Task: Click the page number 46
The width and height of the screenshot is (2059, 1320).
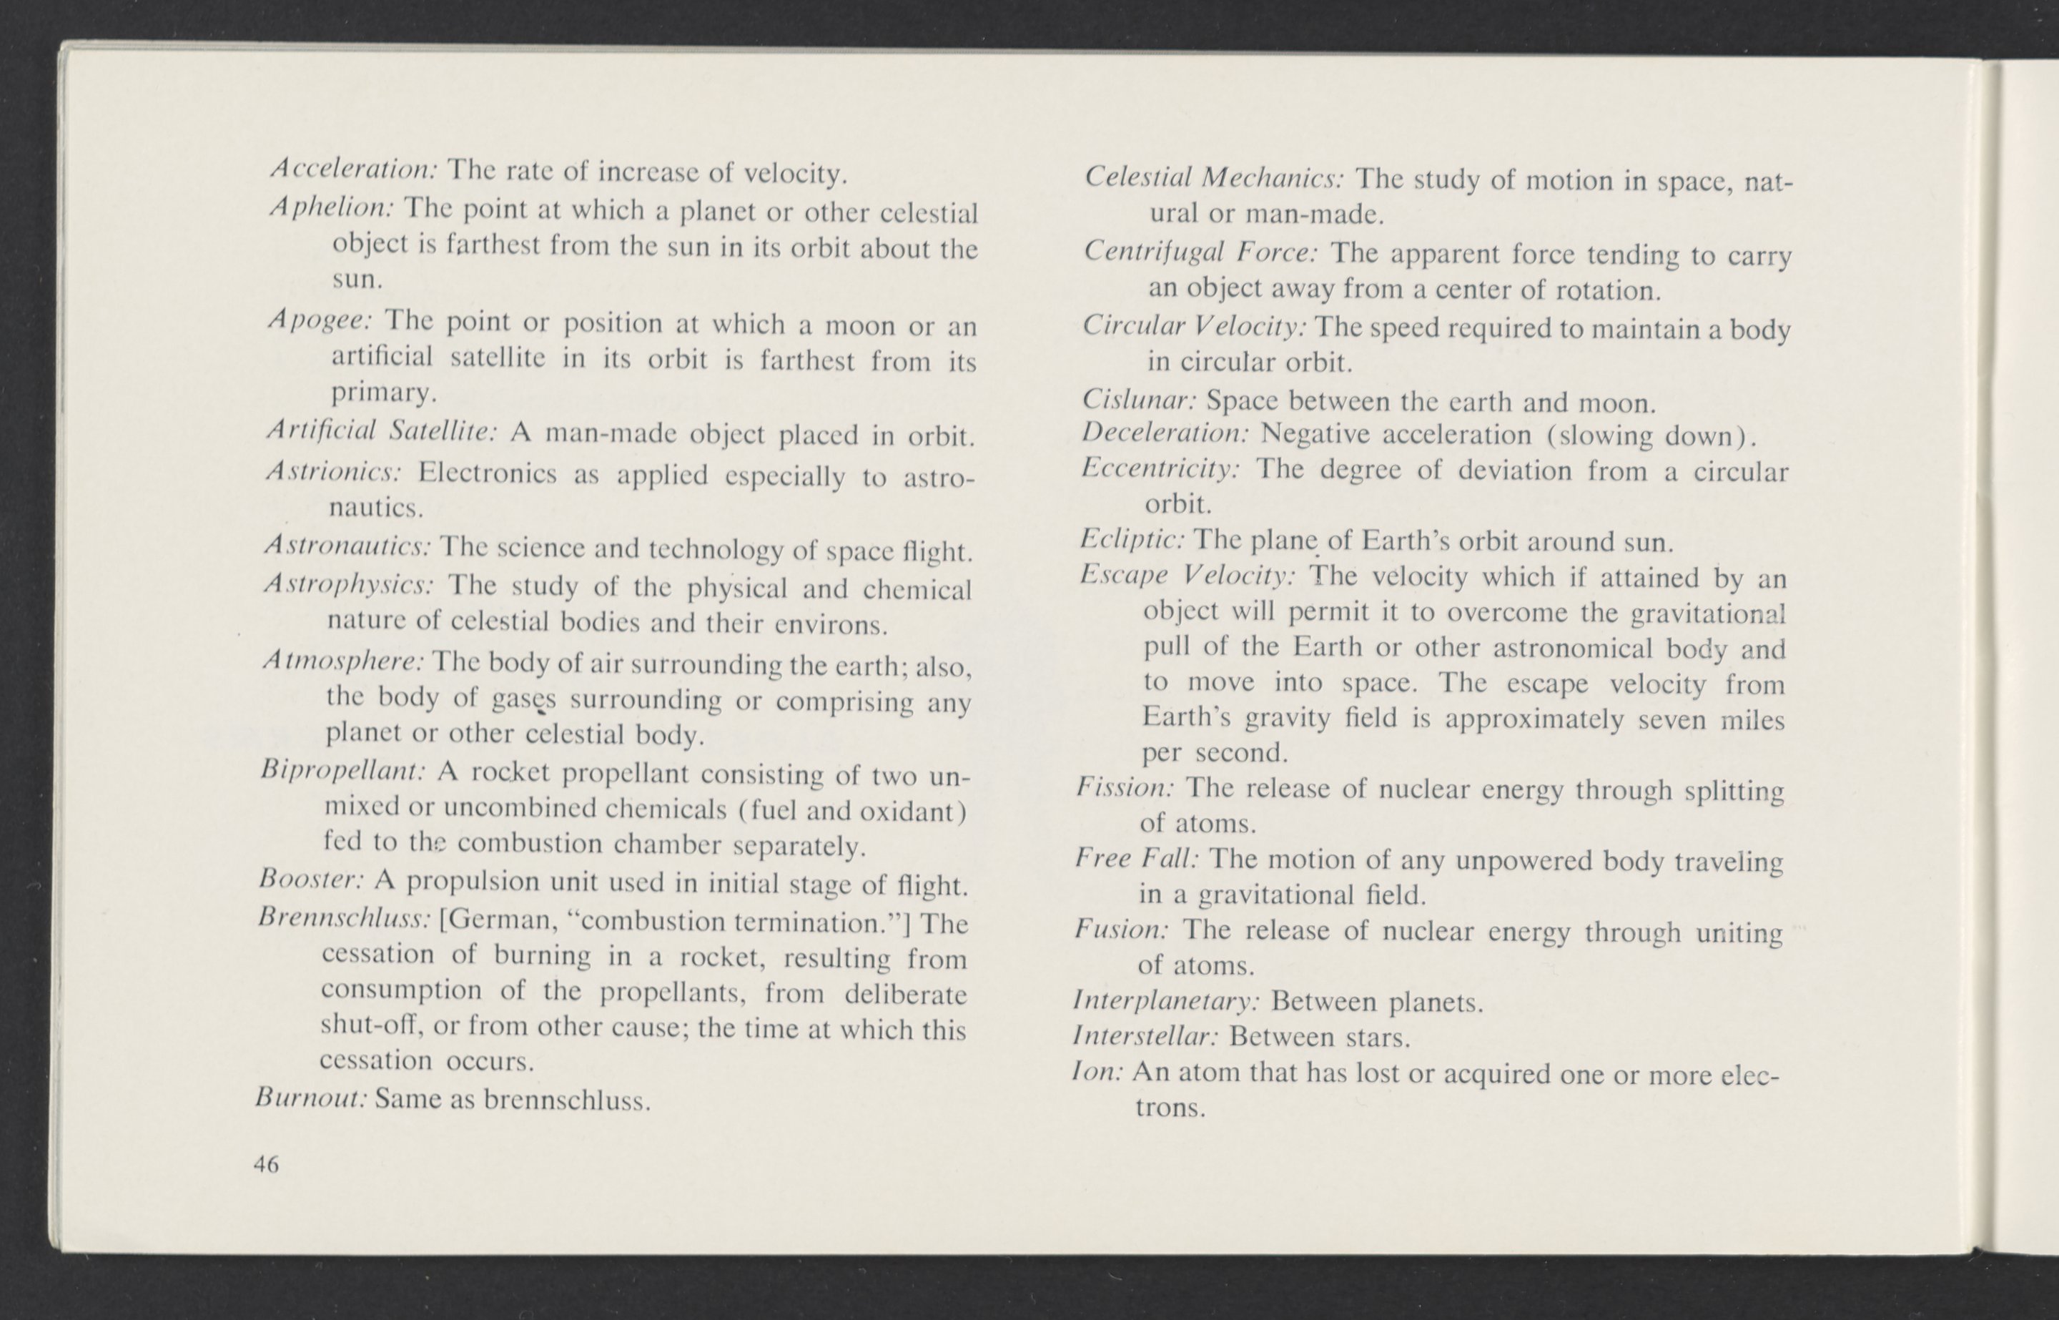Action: (x=267, y=1164)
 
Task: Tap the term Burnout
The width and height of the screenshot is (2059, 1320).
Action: (x=311, y=1097)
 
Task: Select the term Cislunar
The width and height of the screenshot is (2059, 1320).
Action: (x=1139, y=400)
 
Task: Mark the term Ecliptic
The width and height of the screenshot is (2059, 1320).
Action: (x=1132, y=539)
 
